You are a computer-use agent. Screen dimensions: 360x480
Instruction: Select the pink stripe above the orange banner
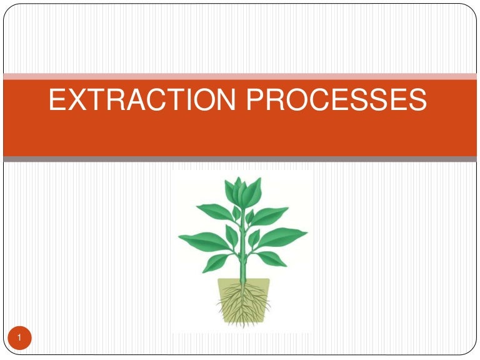[240, 76]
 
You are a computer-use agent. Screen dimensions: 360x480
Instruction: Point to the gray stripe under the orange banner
[240, 159]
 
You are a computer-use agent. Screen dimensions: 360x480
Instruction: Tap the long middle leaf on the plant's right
[284, 237]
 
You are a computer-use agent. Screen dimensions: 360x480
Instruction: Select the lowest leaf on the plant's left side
[216, 262]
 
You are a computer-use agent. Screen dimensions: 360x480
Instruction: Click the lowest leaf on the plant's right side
[270, 257]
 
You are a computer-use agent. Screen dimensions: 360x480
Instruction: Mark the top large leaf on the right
[269, 215]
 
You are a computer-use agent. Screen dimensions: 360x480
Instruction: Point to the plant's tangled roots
[242, 303]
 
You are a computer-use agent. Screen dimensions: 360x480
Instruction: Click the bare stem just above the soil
[242, 275]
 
